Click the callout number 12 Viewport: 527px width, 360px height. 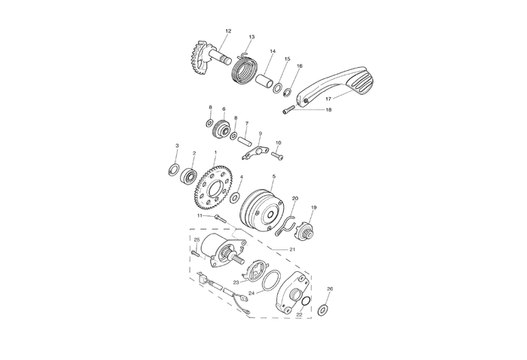[228, 31]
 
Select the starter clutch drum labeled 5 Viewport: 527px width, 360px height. [261, 206]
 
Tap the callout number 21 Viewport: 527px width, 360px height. [292, 249]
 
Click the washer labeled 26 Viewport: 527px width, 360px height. [324, 309]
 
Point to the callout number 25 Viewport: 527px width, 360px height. [196, 239]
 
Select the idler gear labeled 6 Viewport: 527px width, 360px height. [223, 130]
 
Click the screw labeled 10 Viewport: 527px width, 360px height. [276, 156]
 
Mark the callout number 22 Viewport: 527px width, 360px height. [299, 314]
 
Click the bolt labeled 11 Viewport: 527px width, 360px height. [220, 218]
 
